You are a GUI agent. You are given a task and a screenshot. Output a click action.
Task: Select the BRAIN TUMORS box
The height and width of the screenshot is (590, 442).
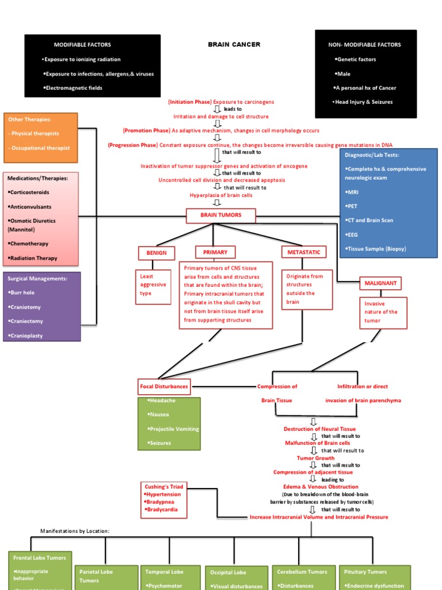213,215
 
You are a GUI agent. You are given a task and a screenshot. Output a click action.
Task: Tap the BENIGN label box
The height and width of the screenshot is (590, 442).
156,253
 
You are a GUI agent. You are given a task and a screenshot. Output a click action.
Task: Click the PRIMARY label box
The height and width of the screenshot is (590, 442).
215,252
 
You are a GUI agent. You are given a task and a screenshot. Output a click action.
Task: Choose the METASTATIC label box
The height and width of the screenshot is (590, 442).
304,252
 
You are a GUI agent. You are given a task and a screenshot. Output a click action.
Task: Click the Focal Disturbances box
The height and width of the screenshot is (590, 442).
164,386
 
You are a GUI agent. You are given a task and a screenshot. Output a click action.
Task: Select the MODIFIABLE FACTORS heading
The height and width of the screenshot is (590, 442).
82,44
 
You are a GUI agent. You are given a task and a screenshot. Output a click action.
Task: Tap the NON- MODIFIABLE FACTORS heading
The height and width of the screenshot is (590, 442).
364,44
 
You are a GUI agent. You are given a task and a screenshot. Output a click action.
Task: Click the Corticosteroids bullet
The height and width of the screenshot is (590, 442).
29,192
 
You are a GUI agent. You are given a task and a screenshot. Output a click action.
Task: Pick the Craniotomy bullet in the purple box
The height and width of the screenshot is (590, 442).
25,307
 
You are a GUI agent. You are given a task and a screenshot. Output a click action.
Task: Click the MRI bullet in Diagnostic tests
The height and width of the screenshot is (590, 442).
352,192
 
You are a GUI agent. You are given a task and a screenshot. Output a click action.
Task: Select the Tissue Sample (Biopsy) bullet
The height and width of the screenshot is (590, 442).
376,248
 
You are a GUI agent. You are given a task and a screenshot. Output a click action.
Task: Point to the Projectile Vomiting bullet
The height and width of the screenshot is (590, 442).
173,429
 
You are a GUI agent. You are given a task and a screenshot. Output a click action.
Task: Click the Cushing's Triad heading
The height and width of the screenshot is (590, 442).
161,487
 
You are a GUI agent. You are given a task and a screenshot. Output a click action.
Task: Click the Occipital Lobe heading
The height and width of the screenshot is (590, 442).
228,572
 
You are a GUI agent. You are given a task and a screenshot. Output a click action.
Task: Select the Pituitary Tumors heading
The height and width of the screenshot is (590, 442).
366,572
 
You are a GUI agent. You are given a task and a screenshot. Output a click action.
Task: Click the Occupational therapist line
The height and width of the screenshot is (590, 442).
39,148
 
